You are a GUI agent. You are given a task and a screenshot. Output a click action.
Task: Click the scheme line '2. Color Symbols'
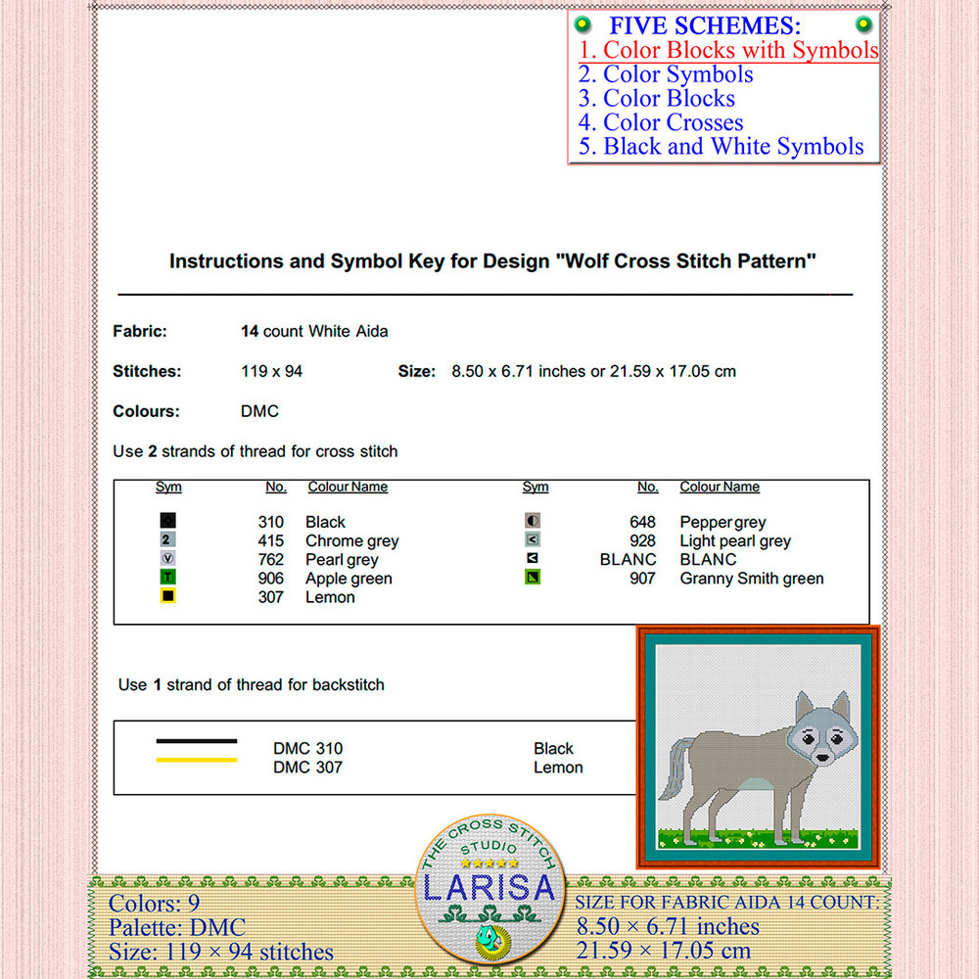point(666,74)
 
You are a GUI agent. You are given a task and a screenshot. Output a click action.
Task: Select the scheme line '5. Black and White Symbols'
point(721,147)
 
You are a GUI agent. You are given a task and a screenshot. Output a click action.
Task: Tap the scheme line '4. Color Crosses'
point(661,122)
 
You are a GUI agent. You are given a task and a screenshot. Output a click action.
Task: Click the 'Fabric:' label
point(140,331)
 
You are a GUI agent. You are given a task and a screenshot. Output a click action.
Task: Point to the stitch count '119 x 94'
point(271,371)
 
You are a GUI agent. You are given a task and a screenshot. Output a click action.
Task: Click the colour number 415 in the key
point(270,540)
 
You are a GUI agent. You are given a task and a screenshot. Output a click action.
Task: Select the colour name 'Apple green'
point(349,579)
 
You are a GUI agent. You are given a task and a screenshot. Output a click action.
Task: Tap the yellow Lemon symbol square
point(168,596)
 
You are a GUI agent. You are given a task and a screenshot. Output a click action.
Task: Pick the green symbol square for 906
point(168,578)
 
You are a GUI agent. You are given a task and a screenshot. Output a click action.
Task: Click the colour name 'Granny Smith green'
point(752,579)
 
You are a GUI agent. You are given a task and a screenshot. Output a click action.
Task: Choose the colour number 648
point(642,522)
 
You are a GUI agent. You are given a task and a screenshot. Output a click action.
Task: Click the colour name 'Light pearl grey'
point(735,540)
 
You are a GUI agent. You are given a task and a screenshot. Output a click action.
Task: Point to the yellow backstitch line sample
point(196,760)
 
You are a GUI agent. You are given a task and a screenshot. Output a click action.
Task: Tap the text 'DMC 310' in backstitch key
point(307,749)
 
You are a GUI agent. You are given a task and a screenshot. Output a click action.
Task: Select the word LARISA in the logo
point(489,888)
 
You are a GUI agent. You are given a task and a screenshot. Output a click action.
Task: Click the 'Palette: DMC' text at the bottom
point(177,926)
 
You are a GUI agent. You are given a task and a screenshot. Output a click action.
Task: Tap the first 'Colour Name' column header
point(348,488)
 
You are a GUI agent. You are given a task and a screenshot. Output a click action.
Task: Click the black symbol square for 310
point(168,521)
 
